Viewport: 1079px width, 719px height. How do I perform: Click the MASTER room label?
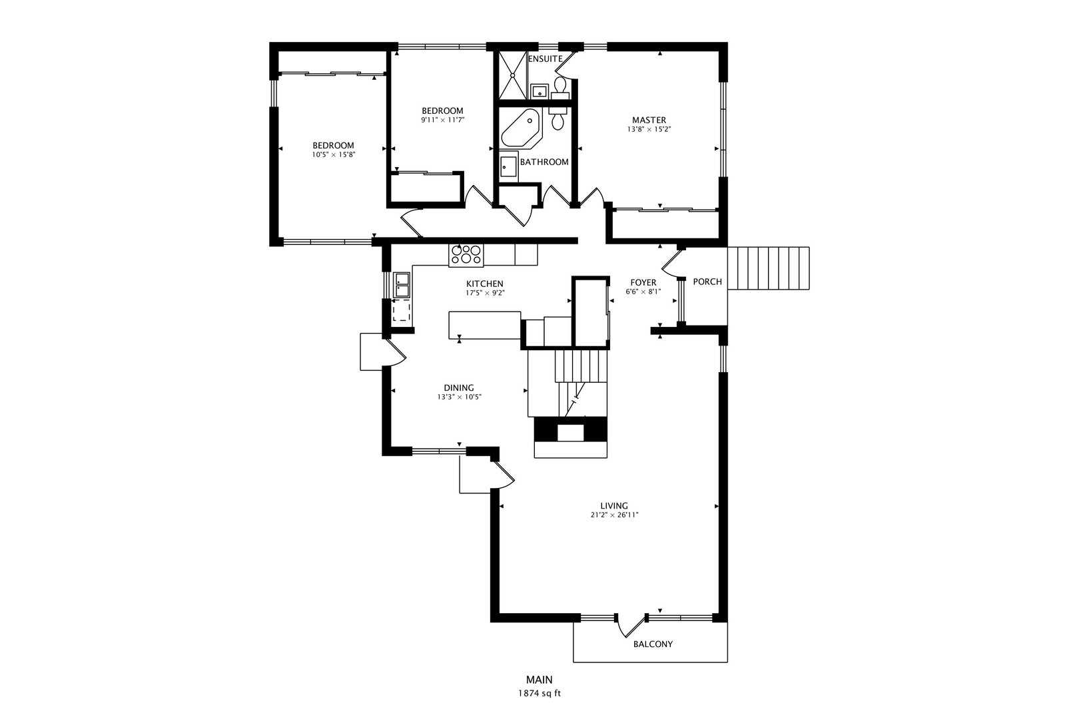tap(649, 120)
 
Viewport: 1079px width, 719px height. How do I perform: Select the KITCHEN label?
tap(484, 284)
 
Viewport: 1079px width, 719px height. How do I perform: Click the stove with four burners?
tap(466, 255)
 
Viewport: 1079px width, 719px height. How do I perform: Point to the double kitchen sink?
tap(401, 285)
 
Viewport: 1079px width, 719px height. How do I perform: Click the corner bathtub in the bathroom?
tap(520, 129)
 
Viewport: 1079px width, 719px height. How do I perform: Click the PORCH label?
tap(707, 282)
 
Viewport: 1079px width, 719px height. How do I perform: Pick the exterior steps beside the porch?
tap(768, 268)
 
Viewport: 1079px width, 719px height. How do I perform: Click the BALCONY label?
tap(653, 644)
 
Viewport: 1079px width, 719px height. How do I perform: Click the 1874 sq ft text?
tap(539, 693)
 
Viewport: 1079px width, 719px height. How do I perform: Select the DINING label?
tap(459, 388)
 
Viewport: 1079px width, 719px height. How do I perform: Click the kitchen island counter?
tap(484, 325)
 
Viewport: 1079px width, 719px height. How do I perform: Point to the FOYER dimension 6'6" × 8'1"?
tap(643, 292)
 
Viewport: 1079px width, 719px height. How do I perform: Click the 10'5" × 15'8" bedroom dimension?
tap(333, 154)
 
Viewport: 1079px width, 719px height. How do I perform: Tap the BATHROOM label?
tap(544, 162)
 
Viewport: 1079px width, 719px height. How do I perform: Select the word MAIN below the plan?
tap(539, 680)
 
